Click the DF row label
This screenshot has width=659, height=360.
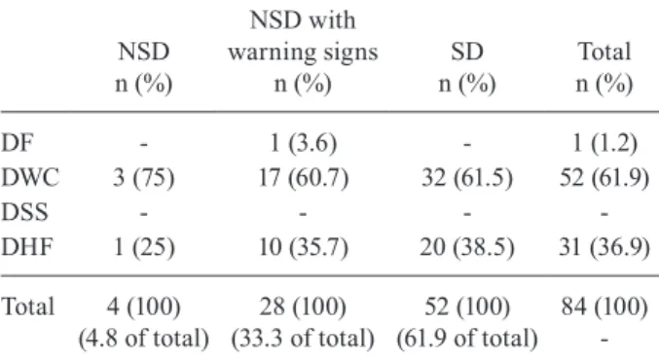[17, 143]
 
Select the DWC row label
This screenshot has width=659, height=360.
[30, 177]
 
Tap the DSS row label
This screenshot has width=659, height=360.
[24, 212]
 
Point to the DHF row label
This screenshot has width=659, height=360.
[27, 246]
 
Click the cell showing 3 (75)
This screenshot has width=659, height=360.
[143, 178]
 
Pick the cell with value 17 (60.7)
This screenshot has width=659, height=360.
[303, 178]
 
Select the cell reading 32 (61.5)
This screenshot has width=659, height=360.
[467, 178]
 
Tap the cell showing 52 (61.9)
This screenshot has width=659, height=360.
[604, 178]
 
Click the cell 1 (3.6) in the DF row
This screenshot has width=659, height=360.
[303, 143]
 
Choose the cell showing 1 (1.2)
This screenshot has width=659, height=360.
[604, 143]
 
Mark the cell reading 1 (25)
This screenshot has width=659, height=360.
[143, 246]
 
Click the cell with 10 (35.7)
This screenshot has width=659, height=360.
[303, 246]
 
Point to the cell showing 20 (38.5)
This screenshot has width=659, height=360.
[467, 246]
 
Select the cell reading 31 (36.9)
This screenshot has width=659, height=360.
[604, 246]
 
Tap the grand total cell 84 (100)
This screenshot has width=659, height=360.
[604, 306]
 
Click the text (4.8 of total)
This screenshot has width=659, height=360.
[143, 339]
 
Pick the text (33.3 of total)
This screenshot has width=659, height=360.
[303, 339]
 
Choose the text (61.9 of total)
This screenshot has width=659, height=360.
[467, 339]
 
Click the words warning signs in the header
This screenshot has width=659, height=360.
[303, 53]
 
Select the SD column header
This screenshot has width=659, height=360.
[467, 52]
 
